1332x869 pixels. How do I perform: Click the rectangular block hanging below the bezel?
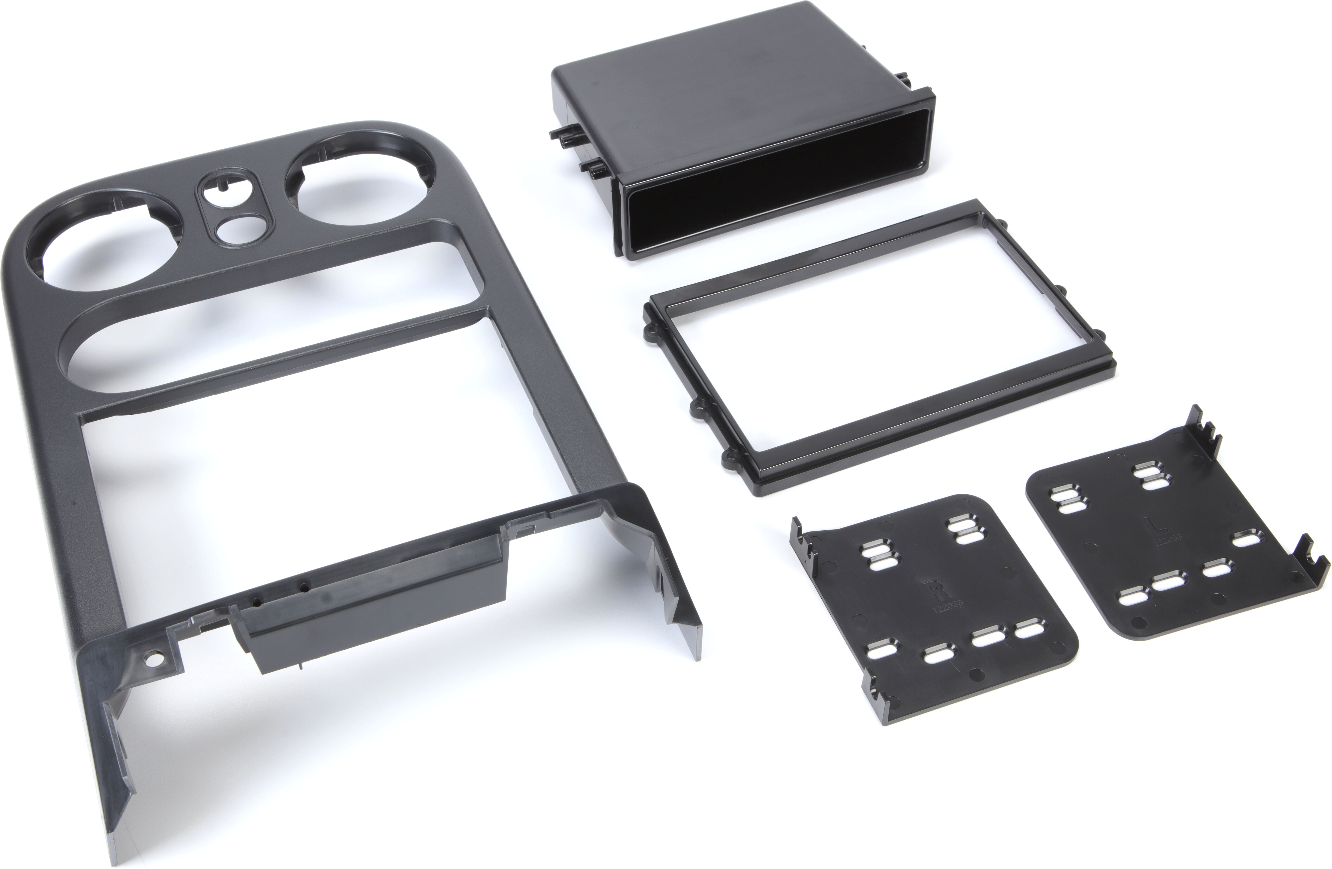[x=375, y=616]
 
